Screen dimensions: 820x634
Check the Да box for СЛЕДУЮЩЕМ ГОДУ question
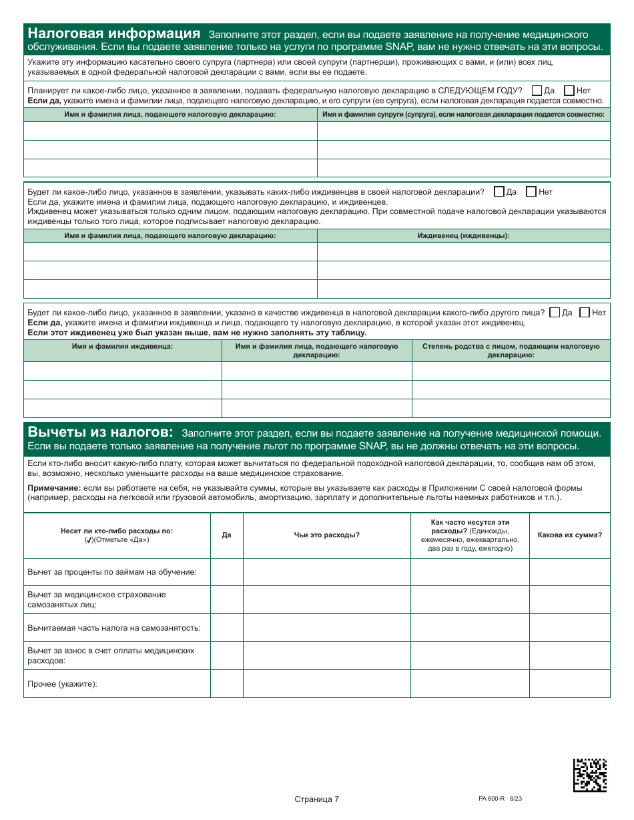coord(537,91)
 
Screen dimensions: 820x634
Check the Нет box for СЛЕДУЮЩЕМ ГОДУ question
coord(569,91)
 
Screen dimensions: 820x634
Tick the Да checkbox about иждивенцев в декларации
coord(499,192)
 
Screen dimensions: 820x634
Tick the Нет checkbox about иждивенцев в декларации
coord(531,192)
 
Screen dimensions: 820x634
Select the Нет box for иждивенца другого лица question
coord(584,313)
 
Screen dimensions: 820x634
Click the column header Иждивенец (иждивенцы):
coord(463,236)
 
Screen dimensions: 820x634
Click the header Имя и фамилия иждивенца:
coord(123,347)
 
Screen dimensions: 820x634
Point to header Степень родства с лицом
coord(511,351)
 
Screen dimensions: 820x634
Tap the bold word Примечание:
coord(53,488)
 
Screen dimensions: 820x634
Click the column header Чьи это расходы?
coord(326,535)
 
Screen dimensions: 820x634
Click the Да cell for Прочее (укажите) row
coord(226,684)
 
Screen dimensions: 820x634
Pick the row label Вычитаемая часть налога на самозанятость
coord(113,628)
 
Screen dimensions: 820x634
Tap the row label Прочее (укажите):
coord(62,684)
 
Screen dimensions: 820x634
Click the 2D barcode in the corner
coord(590,775)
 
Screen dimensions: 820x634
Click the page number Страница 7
coord(316,799)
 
